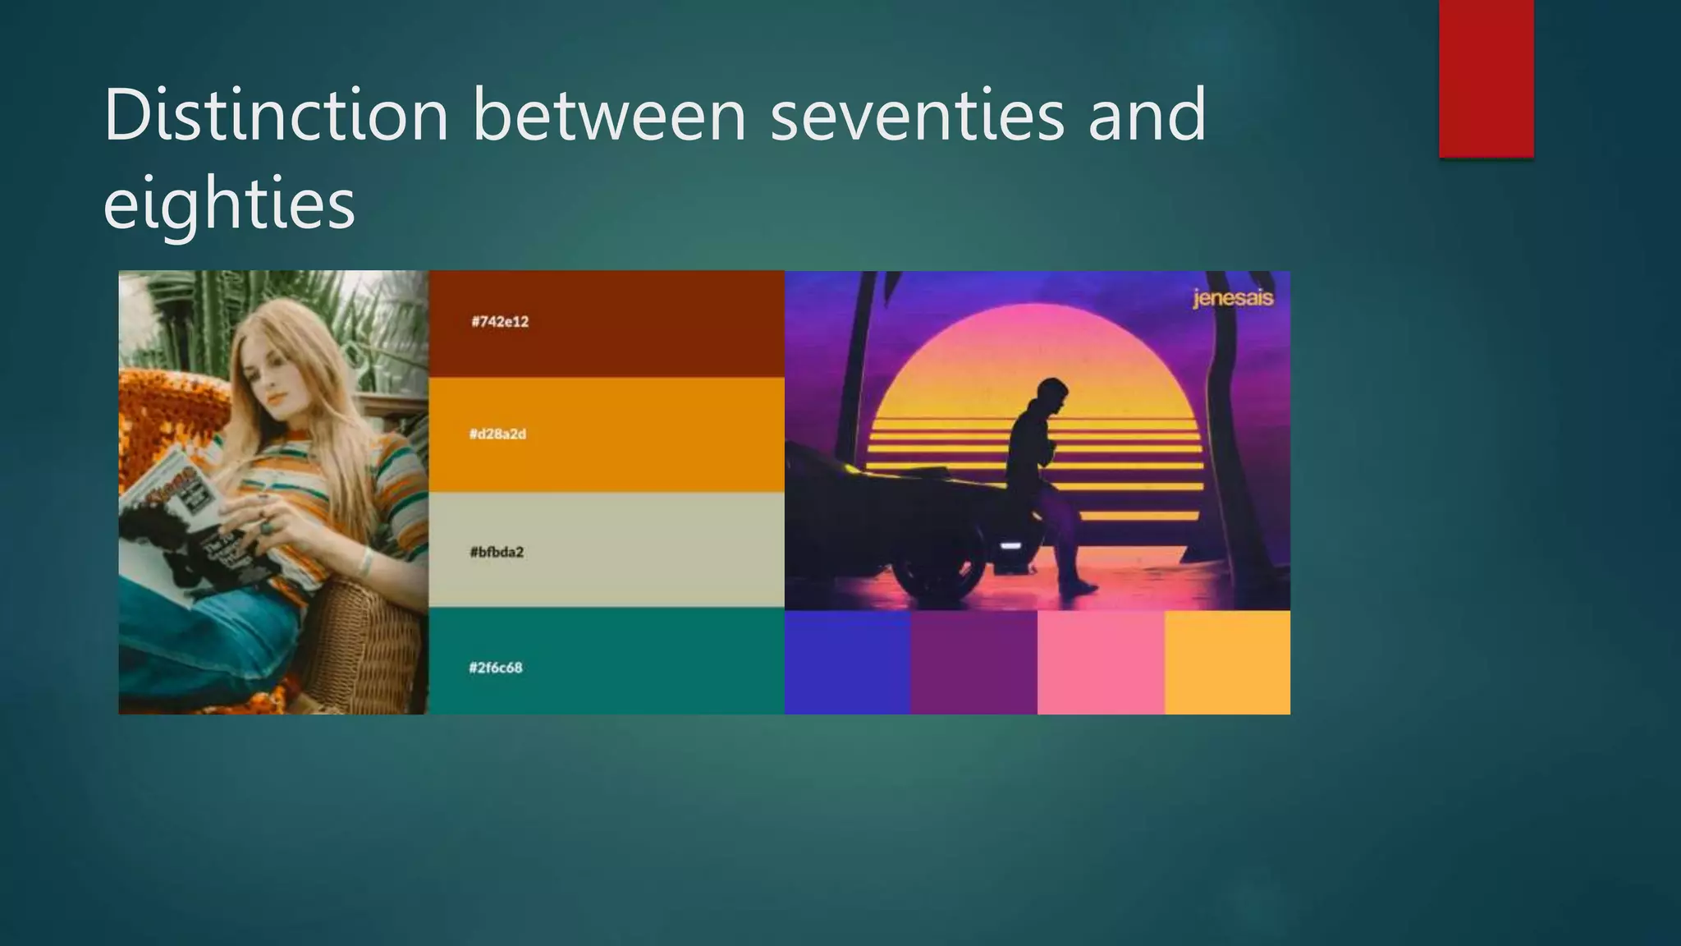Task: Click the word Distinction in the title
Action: (x=276, y=115)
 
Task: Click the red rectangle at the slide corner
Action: (x=1486, y=78)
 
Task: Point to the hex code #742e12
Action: (x=500, y=322)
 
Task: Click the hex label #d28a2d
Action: (x=497, y=434)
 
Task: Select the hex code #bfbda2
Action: (x=497, y=552)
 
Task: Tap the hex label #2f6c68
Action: (x=496, y=668)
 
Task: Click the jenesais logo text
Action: (x=1232, y=298)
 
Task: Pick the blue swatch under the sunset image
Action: (x=847, y=662)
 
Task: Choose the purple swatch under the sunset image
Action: (x=973, y=662)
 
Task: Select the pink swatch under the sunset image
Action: (x=1100, y=662)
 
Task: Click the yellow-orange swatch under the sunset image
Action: (x=1227, y=662)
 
